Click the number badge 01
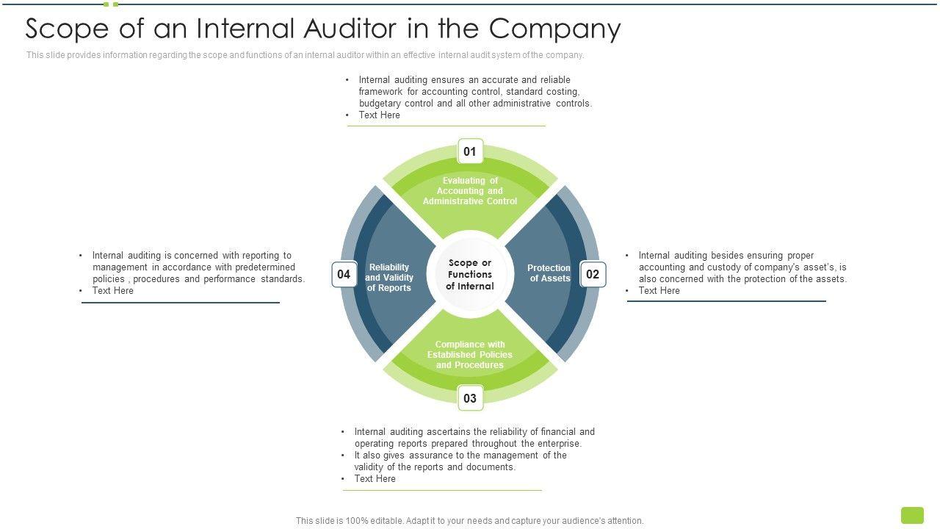470,152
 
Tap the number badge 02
593,275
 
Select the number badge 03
470,398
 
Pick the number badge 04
344,275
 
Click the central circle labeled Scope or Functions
470,275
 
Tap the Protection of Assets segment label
549,273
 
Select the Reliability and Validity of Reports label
389,278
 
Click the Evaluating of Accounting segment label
470,191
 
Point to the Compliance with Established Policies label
470,355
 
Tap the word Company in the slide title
555,29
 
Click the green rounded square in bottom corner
912,515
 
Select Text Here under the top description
379,115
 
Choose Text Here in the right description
659,291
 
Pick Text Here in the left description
112,291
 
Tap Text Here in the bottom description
375,479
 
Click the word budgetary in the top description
380,104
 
